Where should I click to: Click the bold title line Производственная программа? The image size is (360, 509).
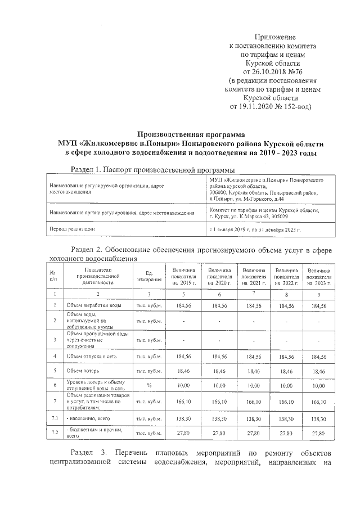[x=192, y=134]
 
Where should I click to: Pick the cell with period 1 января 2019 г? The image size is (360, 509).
[x=255, y=229]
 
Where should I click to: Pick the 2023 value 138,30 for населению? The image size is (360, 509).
[x=318, y=419]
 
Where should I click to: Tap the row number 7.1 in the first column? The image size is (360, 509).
[x=55, y=419]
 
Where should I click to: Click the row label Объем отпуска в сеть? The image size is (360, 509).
[x=93, y=356]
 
